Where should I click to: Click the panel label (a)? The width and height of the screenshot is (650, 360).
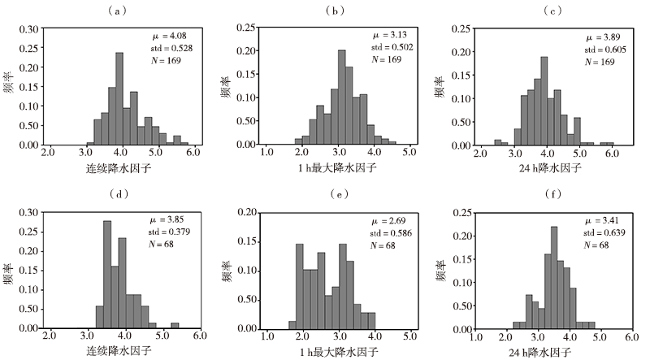coord(119,11)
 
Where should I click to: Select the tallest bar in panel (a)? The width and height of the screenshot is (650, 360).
coord(119,98)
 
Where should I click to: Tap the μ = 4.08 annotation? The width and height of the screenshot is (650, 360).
coord(158,36)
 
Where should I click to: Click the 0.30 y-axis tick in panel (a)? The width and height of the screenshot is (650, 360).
coord(28,28)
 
